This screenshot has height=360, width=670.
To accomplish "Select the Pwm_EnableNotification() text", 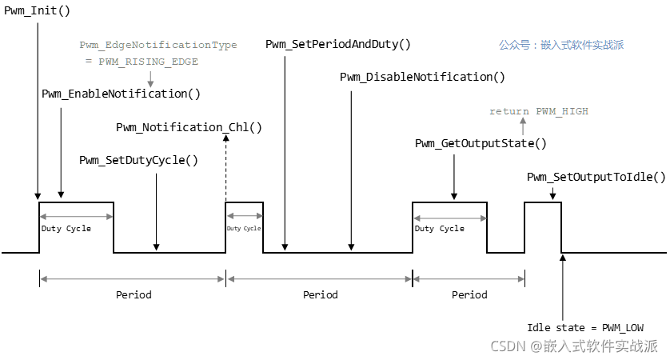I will tap(121, 94).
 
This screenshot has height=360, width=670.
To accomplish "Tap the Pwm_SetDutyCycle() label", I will tap(138, 160).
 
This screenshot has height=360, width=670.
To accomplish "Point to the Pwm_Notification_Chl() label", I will tap(189, 127).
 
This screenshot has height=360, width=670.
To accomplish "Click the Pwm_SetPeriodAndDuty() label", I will tap(338, 44).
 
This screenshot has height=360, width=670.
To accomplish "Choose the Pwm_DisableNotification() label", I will tap(422, 77).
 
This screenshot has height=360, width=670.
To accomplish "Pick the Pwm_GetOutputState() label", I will tap(481, 143).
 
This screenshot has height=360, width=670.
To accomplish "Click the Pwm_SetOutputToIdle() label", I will tap(596, 177).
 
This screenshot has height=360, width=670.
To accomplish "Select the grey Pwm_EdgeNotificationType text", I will tap(158, 45).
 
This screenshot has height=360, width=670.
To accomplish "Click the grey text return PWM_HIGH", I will tap(539, 111).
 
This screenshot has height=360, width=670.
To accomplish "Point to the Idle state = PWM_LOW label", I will tap(585, 327).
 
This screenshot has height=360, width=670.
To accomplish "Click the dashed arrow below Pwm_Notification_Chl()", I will tap(226, 168).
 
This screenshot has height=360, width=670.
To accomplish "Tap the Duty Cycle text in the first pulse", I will tap(66, 229).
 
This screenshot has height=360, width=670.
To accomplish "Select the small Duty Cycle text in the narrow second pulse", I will tap(244, 229).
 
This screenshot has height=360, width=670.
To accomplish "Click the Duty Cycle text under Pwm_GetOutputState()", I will tap(440, 229).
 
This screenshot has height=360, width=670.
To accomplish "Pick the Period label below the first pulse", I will tap(134, 295).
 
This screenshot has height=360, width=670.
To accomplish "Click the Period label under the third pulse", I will tap(469, 295).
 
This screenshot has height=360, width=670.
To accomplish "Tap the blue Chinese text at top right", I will tap(560, 46).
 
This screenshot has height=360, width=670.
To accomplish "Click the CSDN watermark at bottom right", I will tap(573, 346).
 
